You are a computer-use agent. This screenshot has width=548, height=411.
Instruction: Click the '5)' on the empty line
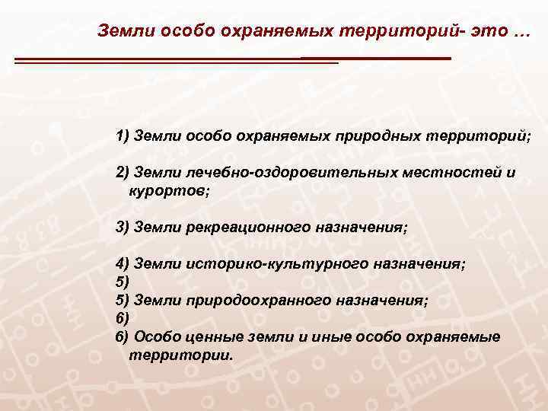pos(123,282)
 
